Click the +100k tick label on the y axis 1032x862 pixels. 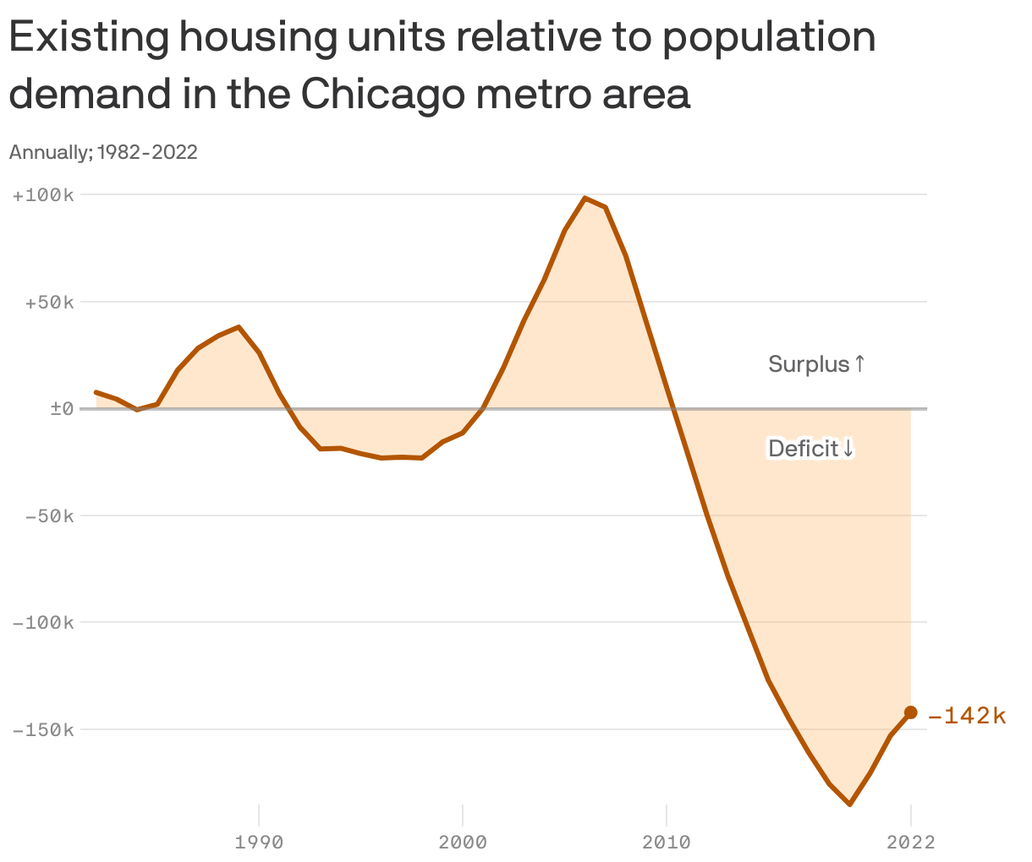pos(44,195)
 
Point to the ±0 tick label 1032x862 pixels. pos(63,409)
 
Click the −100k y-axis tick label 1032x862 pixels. pos(44,623)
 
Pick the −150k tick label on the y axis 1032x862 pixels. pos(44,730)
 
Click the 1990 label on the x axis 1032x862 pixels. pos(259,843)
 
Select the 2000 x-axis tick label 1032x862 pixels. pos(463,843)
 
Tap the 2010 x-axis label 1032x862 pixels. pos(667,843)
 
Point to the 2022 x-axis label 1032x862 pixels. pos(910,843)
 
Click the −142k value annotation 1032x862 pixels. pos(967,716)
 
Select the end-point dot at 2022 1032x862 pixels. pos(910,712)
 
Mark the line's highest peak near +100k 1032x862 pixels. pos(585,198)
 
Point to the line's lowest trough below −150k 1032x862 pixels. pos(849,805)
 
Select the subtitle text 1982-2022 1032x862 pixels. pos(148,152)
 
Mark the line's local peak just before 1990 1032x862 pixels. pos(239,327)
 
